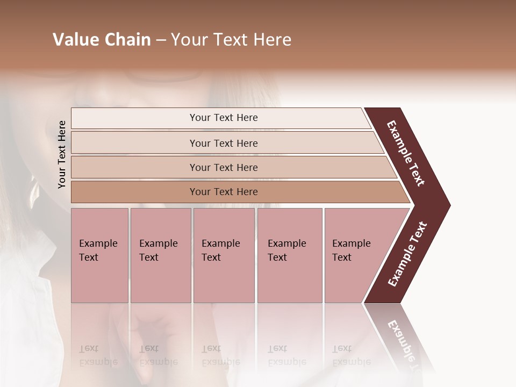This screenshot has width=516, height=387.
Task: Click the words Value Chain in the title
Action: coord(102,40)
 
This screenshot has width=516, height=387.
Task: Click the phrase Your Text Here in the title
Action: coord(231,40)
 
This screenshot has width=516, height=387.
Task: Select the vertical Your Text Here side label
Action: coord(62,155)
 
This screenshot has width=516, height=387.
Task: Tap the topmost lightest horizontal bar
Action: coord(224,118)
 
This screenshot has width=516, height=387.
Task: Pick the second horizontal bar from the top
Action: coord(224,143)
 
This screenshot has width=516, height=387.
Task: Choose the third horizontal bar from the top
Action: coord(224,167)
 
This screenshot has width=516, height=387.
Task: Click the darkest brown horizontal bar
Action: coord(224,192)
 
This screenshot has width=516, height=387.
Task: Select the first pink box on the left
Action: coord(99,255)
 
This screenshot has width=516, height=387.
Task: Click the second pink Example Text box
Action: coord(160,255)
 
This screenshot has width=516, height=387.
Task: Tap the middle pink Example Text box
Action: coord(224,255)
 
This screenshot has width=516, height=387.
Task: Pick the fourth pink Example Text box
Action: coord(289,255)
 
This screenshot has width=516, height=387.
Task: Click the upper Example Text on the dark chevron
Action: coord(406,153)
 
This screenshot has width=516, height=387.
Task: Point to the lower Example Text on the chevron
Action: coord(407,254)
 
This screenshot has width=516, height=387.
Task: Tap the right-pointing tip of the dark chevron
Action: coord(447,205)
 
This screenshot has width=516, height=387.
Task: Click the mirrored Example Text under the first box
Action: coord(98,355)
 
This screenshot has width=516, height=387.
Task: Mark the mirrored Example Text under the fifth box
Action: coord(351,355)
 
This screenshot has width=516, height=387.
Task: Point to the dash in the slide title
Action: coord(160,40)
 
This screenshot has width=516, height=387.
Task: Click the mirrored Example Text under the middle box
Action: coord(220,355)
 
